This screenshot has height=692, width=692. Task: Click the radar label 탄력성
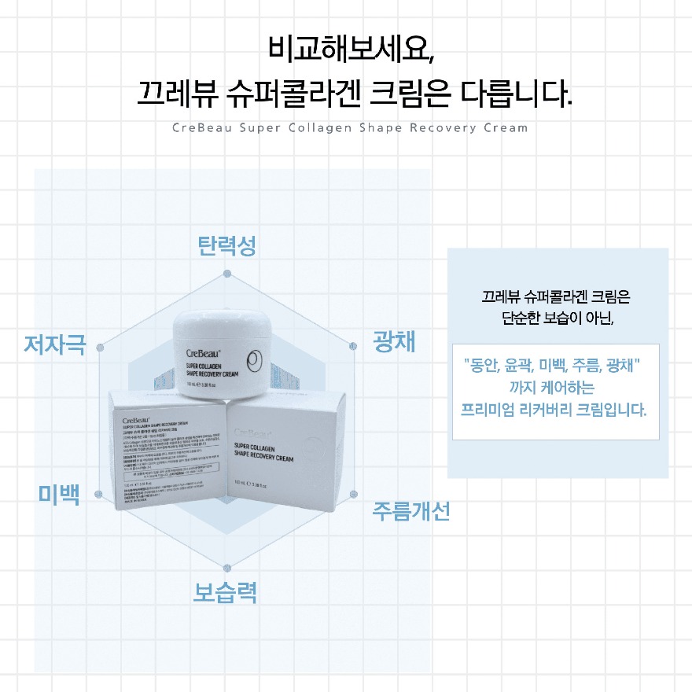pos(226,247)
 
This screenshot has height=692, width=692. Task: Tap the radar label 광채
pos(395,342)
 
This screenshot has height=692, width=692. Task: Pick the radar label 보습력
pos(226,591)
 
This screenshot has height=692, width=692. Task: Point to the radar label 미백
pos(59,495)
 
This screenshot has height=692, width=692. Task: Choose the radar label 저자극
pos(54,344)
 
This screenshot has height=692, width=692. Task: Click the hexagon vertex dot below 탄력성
pos(227,274)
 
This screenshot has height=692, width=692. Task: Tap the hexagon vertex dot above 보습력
pos(227,567)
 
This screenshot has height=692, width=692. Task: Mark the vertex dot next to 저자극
pos(99,347)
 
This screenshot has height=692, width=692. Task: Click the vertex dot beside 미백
pos(98,495)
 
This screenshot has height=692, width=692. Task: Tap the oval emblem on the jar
pos(255,362)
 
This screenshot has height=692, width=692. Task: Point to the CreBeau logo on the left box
pos(137,418)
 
